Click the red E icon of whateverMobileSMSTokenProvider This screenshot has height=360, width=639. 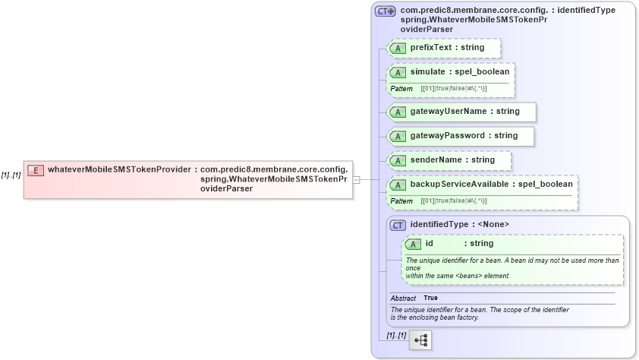click(x=35, y=169)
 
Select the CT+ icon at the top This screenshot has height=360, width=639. click(x=386, y=11)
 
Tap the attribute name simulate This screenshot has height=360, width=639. click(x=427, y=71)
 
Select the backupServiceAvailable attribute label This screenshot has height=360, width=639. click(x=460, y=184)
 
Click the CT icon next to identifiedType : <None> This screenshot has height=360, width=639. click(x=398, y=225)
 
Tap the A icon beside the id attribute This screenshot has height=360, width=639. click(x=413, y=244)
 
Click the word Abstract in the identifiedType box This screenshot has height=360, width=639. click(x=403, y=298)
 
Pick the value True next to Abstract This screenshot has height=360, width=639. click(x=430, y=298)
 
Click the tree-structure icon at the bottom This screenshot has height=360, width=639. click(x=420, y=339)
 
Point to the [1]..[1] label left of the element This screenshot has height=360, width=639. click(x=11, y=175)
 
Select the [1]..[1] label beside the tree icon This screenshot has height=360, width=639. click(x=396, y=335)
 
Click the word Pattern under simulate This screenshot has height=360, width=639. click(x=401, y=89)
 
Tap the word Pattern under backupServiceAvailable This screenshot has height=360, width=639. click(x=401, y=201)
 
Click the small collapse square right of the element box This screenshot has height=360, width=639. click(x=357, y=180)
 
